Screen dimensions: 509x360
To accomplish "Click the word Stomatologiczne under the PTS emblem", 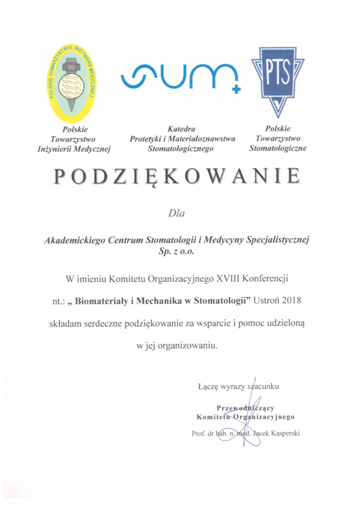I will [277, 148].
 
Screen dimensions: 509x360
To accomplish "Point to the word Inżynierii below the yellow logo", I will [56, 149].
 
